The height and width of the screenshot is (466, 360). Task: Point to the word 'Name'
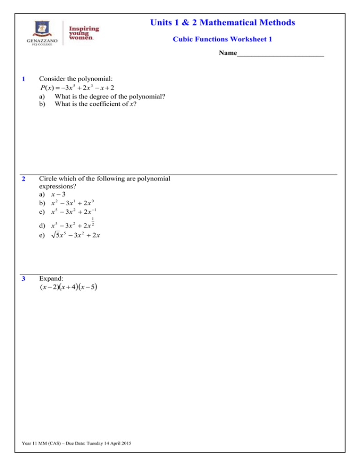(x=227, y=54)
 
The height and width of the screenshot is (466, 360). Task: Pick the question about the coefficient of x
(x=98, y=104)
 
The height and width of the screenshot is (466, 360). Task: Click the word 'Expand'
(x=50, y=278)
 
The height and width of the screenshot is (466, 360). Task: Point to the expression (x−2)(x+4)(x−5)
(x=68, y=287)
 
